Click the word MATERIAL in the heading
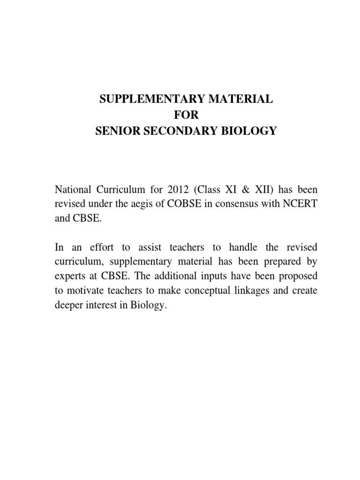[x=232, y=99]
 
